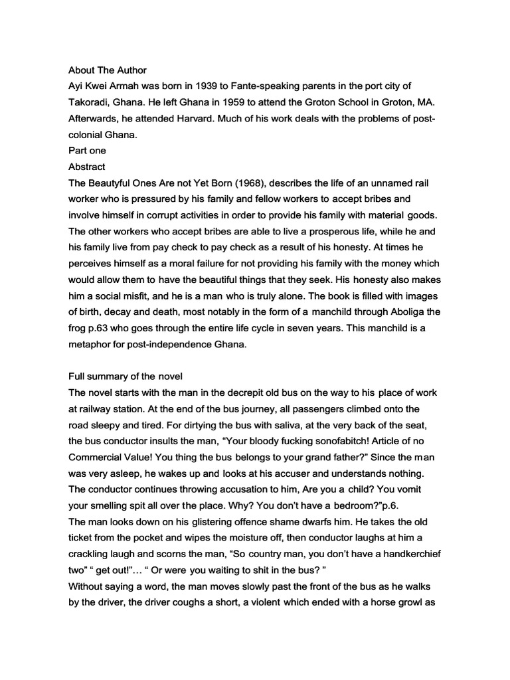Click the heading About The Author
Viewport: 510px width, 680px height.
[x=108, y=70]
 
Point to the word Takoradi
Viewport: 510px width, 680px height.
[x=90, y=102]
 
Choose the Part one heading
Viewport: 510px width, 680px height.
[x=87, y=150]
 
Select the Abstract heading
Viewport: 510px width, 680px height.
[x=87, y=167]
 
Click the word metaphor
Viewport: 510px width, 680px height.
[x=92, y=343]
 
